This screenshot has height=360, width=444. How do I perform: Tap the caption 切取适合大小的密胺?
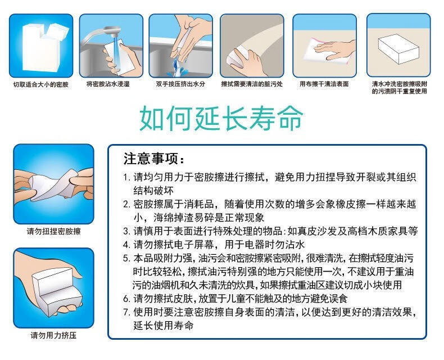[41, 84]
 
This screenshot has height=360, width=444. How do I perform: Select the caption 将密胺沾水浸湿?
[108, 84]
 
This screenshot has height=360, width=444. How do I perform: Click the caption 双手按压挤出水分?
[180, 84]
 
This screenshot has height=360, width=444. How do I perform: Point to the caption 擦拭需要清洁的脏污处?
[252, 84]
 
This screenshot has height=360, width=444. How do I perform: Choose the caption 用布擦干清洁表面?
[324, 84]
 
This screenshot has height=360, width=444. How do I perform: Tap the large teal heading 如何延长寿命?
[221, 118]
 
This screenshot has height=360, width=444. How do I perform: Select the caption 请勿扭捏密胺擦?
[54, 232]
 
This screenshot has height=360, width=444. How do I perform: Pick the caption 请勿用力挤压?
[54, 336]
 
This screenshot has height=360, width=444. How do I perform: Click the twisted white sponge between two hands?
[54, 185]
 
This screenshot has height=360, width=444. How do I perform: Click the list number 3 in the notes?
[126, 231]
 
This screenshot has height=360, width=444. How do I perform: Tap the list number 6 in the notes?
[126, 299]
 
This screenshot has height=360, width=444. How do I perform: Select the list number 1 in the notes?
[126, 178]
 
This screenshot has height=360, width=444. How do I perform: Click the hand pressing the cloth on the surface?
[336, 49]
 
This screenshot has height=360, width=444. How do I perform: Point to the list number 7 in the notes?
[126, 312]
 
